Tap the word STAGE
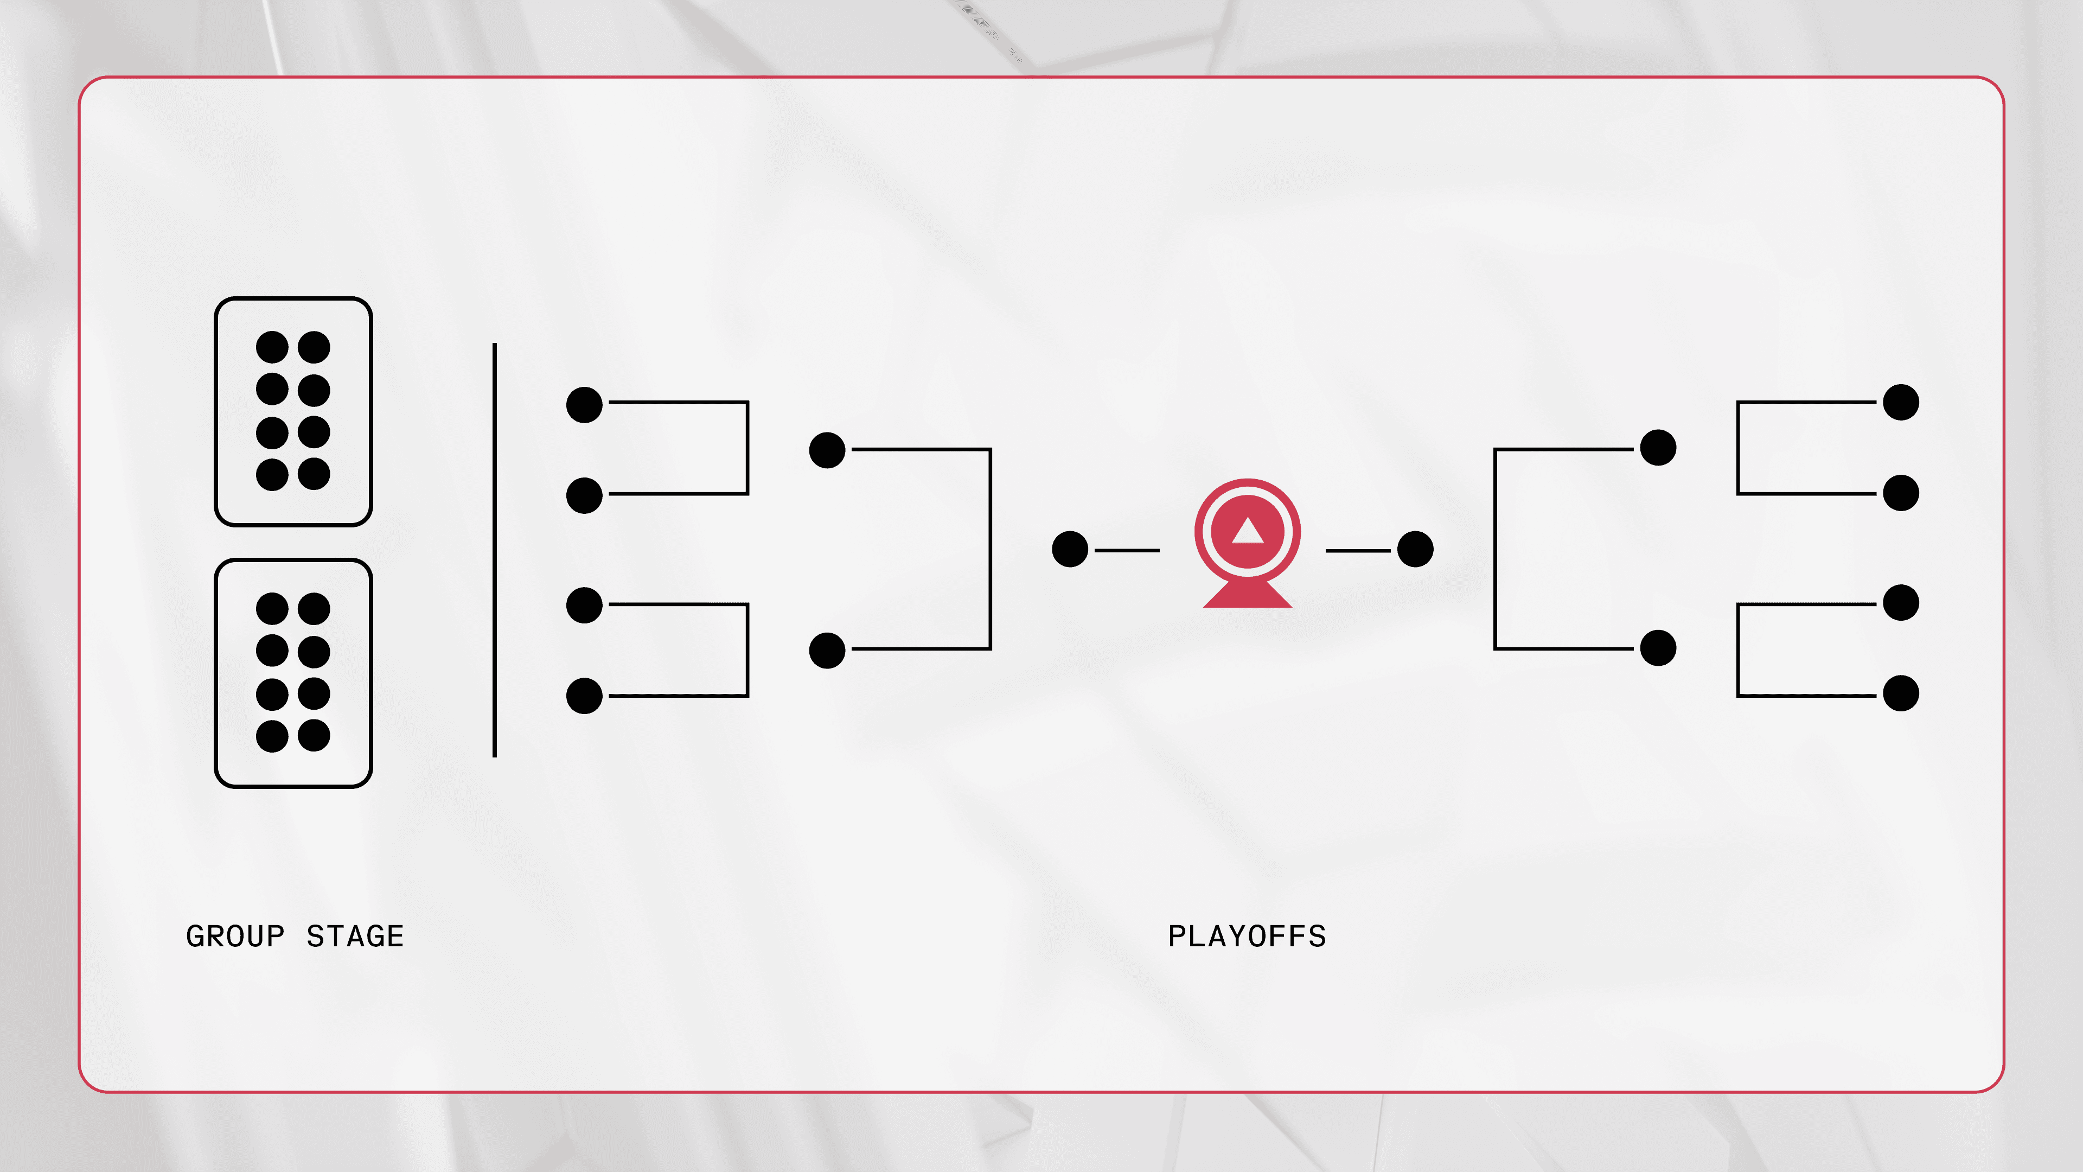click(355, 936)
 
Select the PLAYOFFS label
click(1247, 936)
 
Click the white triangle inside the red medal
click(1248, 531)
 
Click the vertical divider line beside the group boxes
click(495, 550)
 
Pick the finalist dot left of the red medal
click(1070, 549)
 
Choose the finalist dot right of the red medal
click(1415, 549)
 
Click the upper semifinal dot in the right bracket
click(1658, 447)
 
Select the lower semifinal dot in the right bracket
click(1658, 648)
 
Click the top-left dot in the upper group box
click(272, 347)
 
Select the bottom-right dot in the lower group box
click(314, 735)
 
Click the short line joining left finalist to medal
click(1127, 551)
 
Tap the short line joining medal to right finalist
click(1358, 551)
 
